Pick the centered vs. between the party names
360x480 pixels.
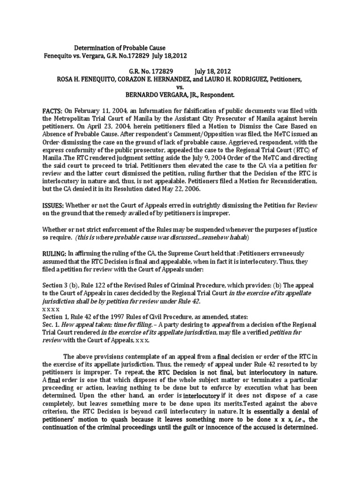(x=180, y=87)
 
